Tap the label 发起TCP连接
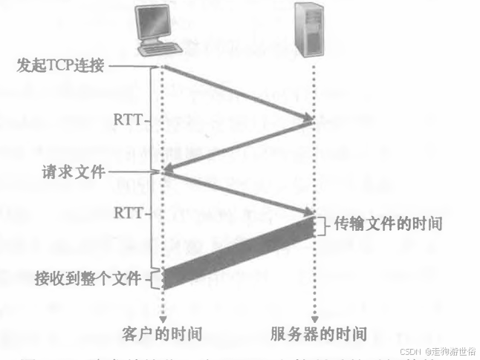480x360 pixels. (62, 66)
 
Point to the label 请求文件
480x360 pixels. (73, 172)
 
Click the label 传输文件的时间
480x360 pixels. (388, 223)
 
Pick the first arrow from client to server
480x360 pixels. (238, 93)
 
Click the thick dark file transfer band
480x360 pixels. (238, 252)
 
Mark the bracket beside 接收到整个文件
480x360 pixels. (155, 279)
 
